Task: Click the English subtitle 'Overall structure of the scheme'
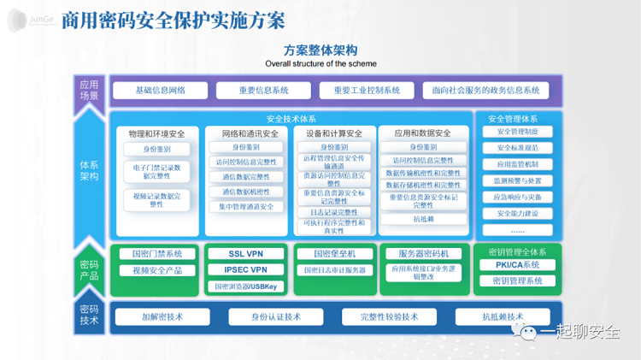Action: click(x=320, y=63)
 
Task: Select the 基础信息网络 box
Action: click(x=160, y=90)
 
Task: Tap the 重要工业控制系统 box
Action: click(x=367, y=90)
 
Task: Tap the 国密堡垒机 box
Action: click(x=334, y=254)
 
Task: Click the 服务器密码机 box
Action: click(x=424, y=254)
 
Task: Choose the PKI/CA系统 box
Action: click(x=517, y=266)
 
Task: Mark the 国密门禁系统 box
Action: click(x=151, y=254)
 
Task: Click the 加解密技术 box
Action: click(x=162, y=316)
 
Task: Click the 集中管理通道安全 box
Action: click(x=246, y=206)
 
